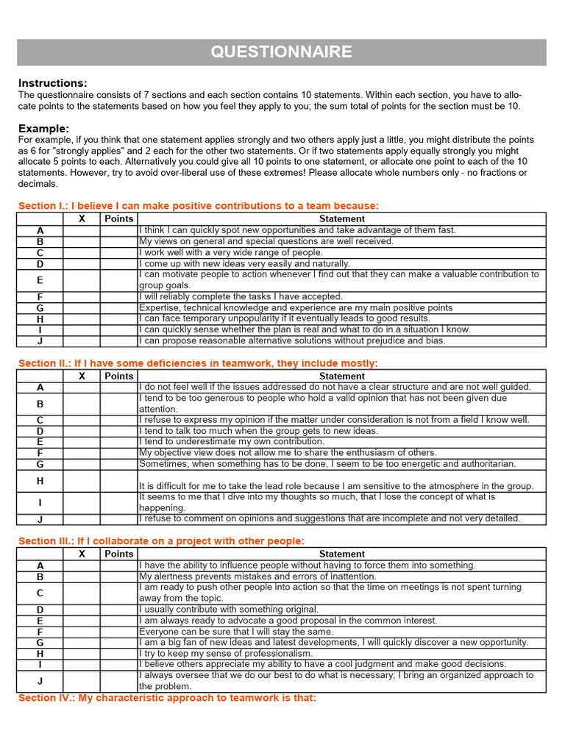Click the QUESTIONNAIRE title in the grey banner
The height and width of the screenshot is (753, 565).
pyautogui.click(x=282, y=52)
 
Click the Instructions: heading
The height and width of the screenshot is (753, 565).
pyautogui.click(x=52, y=83)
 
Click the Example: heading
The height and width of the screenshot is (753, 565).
pyautogui.click(x=43, y=128)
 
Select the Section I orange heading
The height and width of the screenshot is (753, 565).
pyautogui.click(x=199, y=206)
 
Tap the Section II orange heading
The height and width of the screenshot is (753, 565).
pyautogui.click(x=198, y=363)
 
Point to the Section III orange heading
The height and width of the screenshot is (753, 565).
pyautogui.click(x=161, y=541)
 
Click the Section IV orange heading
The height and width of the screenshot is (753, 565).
pyautogui.click(x=167, y=698)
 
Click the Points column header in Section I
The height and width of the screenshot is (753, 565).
pyautogui.click(x=118, y=219)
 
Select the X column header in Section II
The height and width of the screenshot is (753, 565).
pyautogui.click(x=82, y=376)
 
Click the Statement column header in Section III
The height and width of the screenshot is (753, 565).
pyautogui.click(x=341, y=554)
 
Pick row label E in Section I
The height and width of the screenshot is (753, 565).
pyautogui.click(x=40, y=280)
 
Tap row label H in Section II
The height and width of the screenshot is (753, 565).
pyautogui.click(x=40, y=481)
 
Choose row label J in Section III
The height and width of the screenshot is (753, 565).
pyautogui.click(x=40, y=681)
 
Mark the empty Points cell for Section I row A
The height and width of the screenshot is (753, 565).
pyautogui.click(x=118, y=230)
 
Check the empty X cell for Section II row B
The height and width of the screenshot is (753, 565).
pyautogui.click(x=82, y=404)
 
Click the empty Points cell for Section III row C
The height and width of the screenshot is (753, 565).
pyautogui.click(x=118, y=593)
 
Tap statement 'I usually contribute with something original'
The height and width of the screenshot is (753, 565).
pyautogui.click(x=229, y=610)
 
